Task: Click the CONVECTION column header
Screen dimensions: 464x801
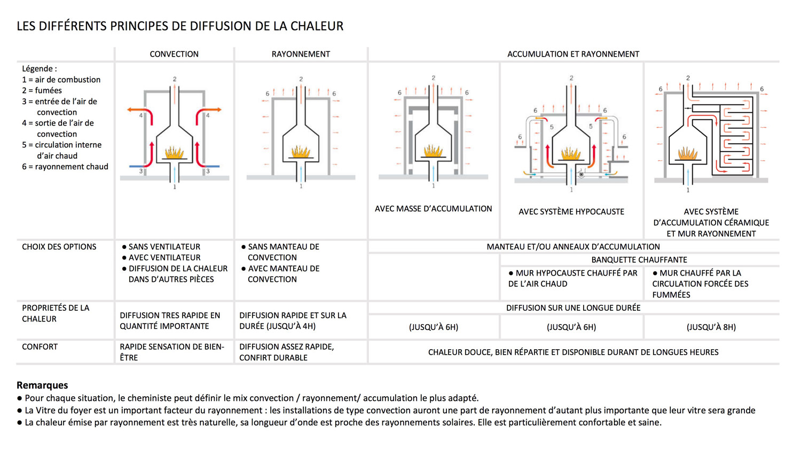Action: click(x=174, y=54)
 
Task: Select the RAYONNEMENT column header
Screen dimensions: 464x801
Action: click(x=301, y=54)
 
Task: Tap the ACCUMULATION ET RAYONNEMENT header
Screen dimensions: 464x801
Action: click(x=573, y=54)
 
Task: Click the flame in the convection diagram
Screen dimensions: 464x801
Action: click(x=174, y=153)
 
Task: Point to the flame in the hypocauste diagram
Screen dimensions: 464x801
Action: click(x=571, y=154)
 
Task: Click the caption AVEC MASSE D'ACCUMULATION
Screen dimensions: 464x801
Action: click(x=433, y=209)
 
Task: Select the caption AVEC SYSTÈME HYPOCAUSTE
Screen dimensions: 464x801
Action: click(x=571, y=211)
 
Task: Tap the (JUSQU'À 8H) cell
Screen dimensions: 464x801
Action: click(x=711, y=327)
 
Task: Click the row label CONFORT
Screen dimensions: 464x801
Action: click(x=40, y=347)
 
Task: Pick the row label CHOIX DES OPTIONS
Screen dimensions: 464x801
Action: click(x=59, y=247)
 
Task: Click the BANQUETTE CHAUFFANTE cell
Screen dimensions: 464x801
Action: click(x=639, y=259)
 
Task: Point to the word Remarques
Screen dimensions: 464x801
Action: click(x=42, y=385)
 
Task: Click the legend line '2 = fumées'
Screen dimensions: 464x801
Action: click(x=42, y=90)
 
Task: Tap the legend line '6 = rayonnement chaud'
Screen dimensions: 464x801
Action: click(x=65, y=167)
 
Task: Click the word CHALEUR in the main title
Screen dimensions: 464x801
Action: click(x=320, y=26)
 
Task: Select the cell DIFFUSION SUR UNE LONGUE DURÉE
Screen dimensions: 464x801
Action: click(x=573, y=308)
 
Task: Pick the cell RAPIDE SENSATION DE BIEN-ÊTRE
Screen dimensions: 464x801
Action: click(x=172, y=352)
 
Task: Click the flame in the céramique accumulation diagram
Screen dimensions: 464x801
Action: click(x=687, y=154)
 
